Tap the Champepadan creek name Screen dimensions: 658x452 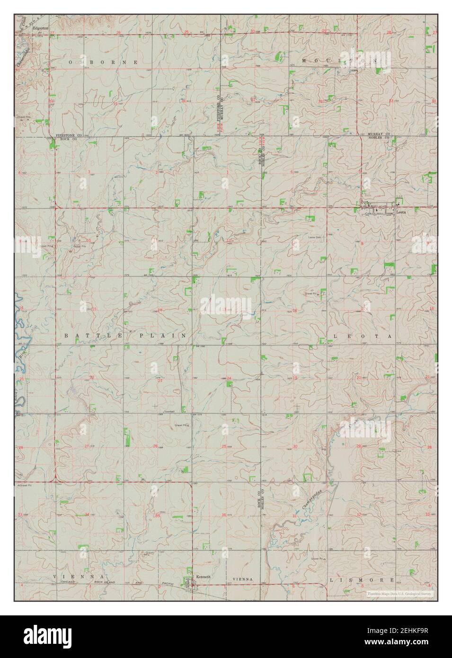(x=309, y=498)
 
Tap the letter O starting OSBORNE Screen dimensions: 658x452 (x=71, y=62)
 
